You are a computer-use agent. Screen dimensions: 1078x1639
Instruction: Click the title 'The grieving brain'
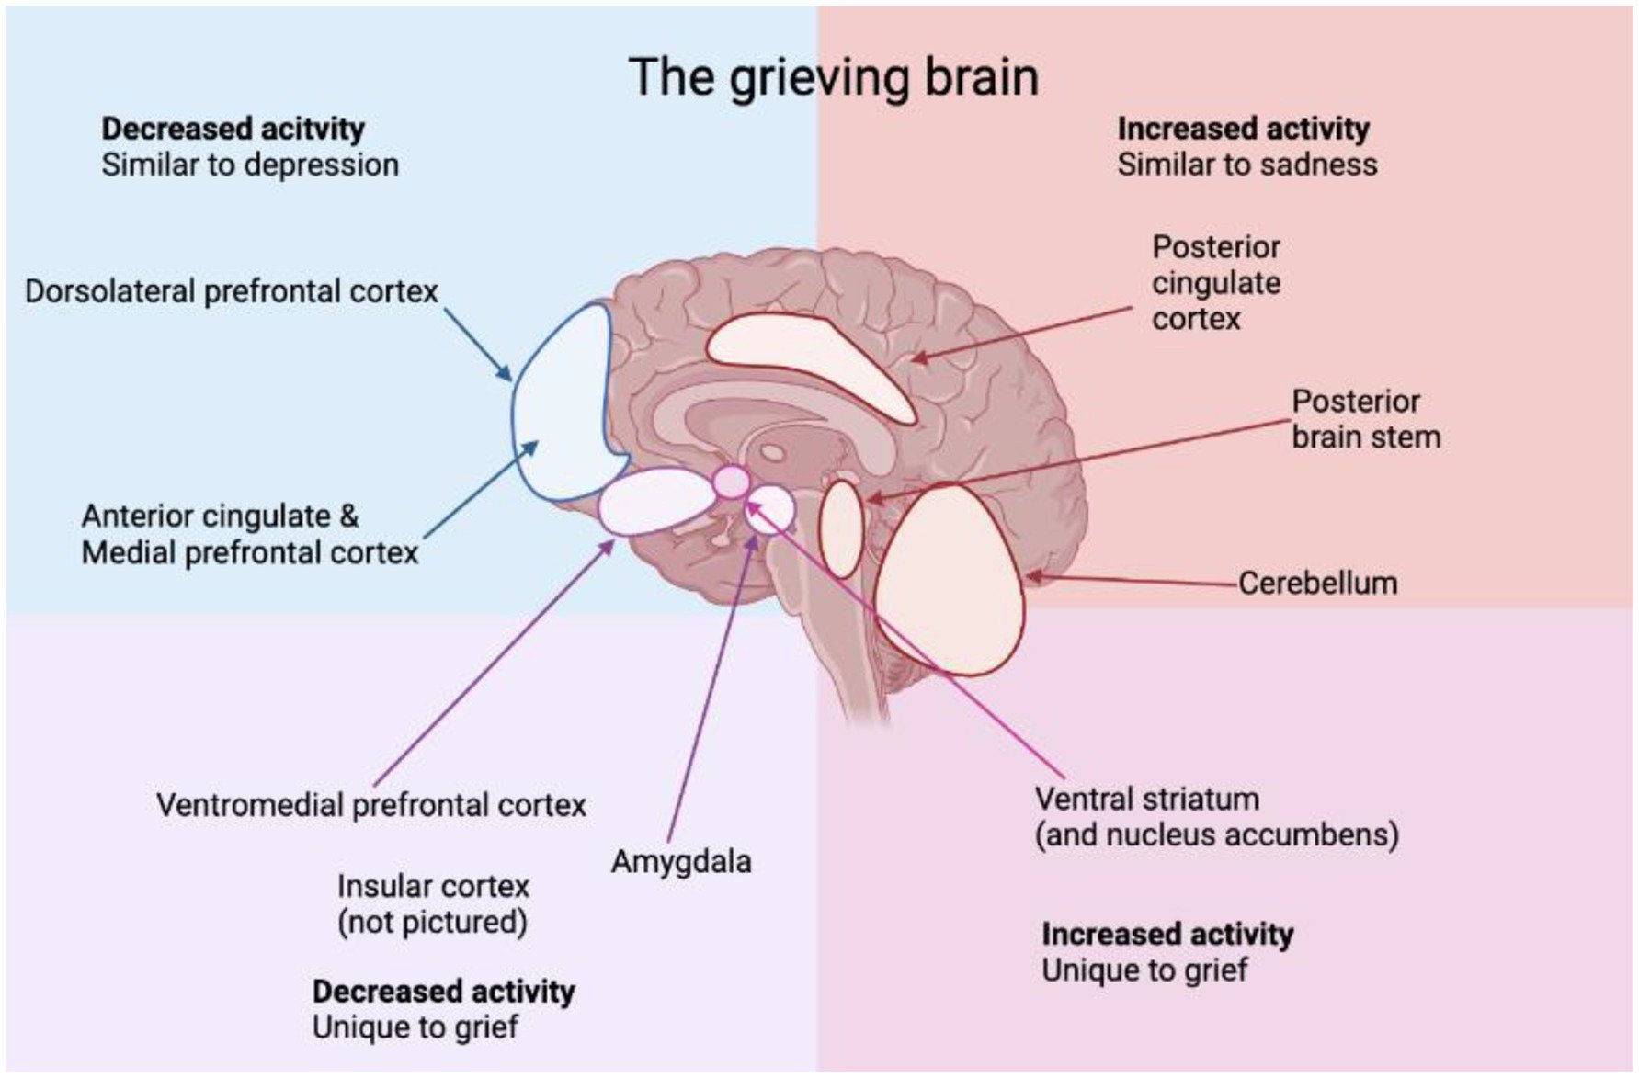coord(834,76)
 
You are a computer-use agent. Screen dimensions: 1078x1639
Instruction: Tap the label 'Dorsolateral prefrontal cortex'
coord(232,291)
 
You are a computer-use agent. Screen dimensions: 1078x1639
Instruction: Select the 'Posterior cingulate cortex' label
coord(1215,282)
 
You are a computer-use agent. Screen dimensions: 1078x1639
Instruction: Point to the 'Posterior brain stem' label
coord(1365,419)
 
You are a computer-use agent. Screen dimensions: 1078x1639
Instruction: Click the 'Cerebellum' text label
coord(1317,583)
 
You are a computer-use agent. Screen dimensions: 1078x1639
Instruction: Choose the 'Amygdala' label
coord(681,861)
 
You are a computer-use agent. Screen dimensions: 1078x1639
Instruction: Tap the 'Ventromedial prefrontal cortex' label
coord(371,805)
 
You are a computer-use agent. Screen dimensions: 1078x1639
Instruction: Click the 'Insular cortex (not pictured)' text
coord(433,903)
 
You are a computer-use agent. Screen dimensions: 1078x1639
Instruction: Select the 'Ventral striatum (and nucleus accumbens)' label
coord(1216,816)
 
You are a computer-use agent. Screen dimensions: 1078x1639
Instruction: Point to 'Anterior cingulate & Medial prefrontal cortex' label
coord(249,534)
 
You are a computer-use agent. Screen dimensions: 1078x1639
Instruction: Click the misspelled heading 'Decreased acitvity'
coord(233,129)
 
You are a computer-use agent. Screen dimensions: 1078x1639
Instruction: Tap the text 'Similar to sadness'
coord(1246,165)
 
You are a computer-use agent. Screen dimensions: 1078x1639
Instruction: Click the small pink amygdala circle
coord(732,482)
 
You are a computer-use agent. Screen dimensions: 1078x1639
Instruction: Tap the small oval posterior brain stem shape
coord(841,528)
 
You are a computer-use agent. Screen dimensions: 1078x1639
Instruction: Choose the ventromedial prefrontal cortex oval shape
coord(655,501)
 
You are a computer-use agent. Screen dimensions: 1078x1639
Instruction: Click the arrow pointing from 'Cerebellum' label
coord(1131,579)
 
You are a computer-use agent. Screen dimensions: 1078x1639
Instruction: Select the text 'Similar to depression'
coord(250,165)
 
